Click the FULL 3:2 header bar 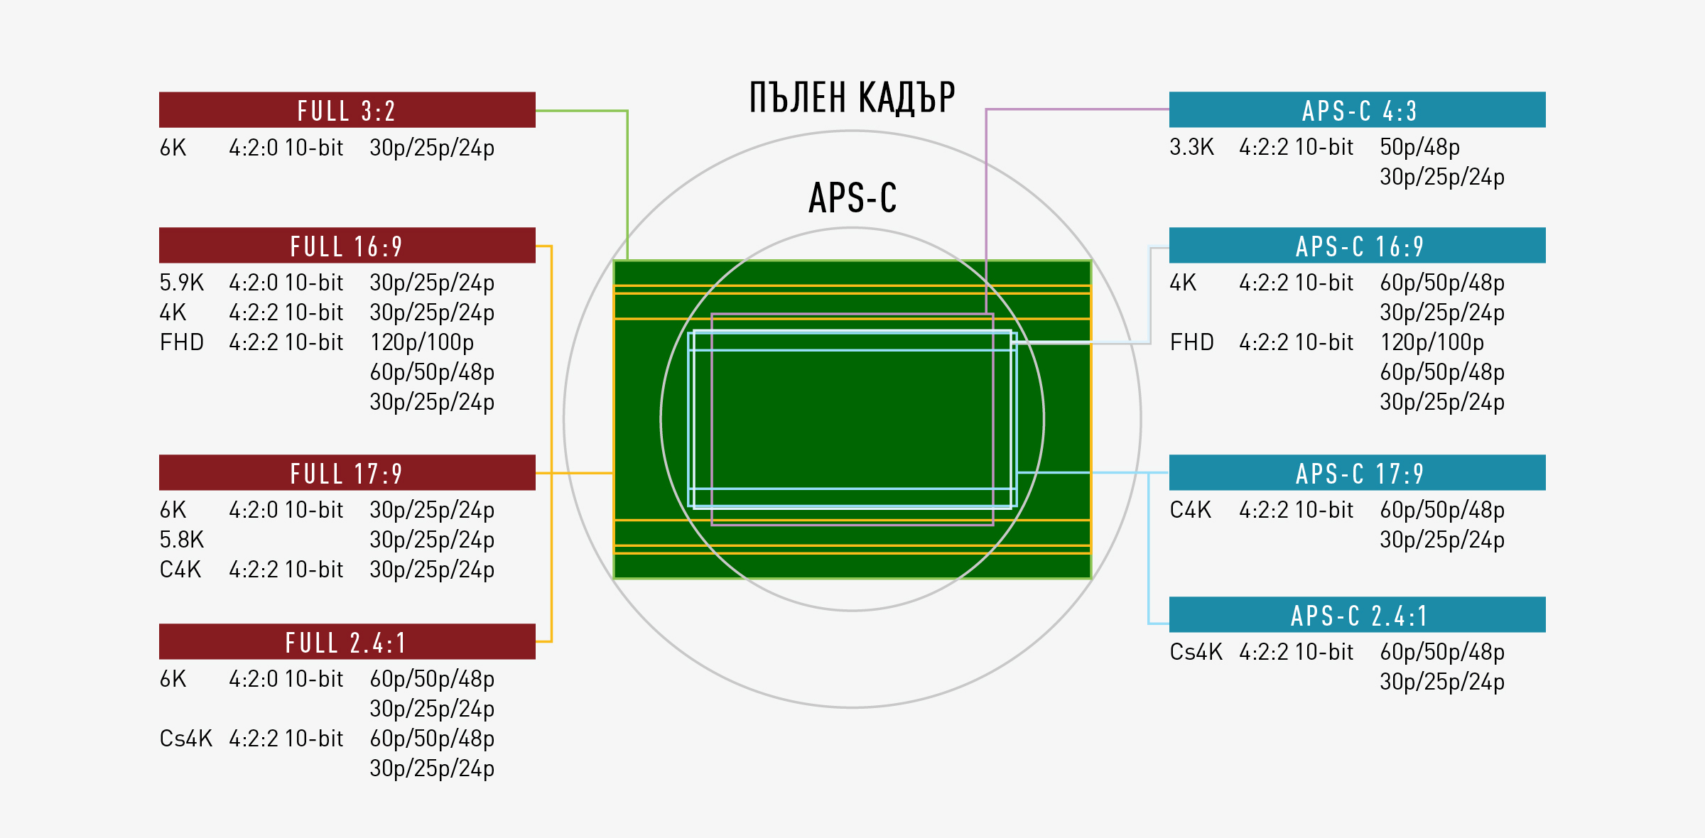347,110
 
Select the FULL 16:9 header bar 347,246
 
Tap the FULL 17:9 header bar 347,473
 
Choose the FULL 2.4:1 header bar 347,642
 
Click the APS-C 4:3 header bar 1357,110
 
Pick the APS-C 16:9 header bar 1357,246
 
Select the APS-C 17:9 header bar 1357,473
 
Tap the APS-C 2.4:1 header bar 1357,615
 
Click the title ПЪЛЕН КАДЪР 852,97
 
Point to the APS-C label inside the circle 852,197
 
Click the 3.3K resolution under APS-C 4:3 1191,147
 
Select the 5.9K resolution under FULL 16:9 181,283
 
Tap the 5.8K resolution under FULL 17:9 181,540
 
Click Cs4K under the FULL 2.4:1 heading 185,739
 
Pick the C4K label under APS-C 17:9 1190,510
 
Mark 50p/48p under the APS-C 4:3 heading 1419,147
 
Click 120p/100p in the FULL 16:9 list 421,342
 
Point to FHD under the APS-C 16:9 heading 1191,342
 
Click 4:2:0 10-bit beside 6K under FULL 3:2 286,148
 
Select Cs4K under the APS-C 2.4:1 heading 1196,652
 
